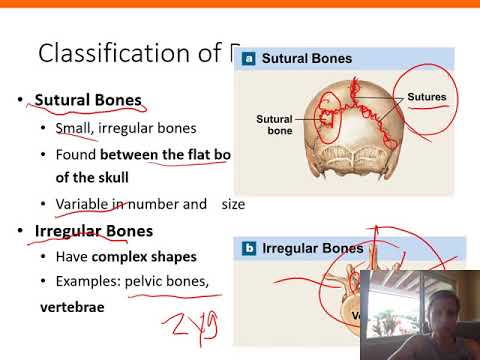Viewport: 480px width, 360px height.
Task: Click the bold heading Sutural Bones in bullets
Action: pyautogui.click(x=88, y=101)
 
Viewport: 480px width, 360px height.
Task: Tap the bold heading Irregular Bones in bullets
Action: pyautogui.click(x=93, y=232)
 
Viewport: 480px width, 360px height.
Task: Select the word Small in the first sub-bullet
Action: pyautogui.click(x=74, y=128)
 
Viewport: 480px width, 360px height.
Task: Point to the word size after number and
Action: pyautogui.click(x=231, y=204)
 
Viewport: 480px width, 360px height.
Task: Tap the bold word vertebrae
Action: pyautogui.click(x=72, y=310)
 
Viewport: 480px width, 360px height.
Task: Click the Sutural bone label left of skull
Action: pyautogui.click(x=273, y=124)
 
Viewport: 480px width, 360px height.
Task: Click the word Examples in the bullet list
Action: pyautogui.click(x=87, y=283)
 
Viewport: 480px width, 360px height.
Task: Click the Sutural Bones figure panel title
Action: pyautogui.click(x=307, y=59)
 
